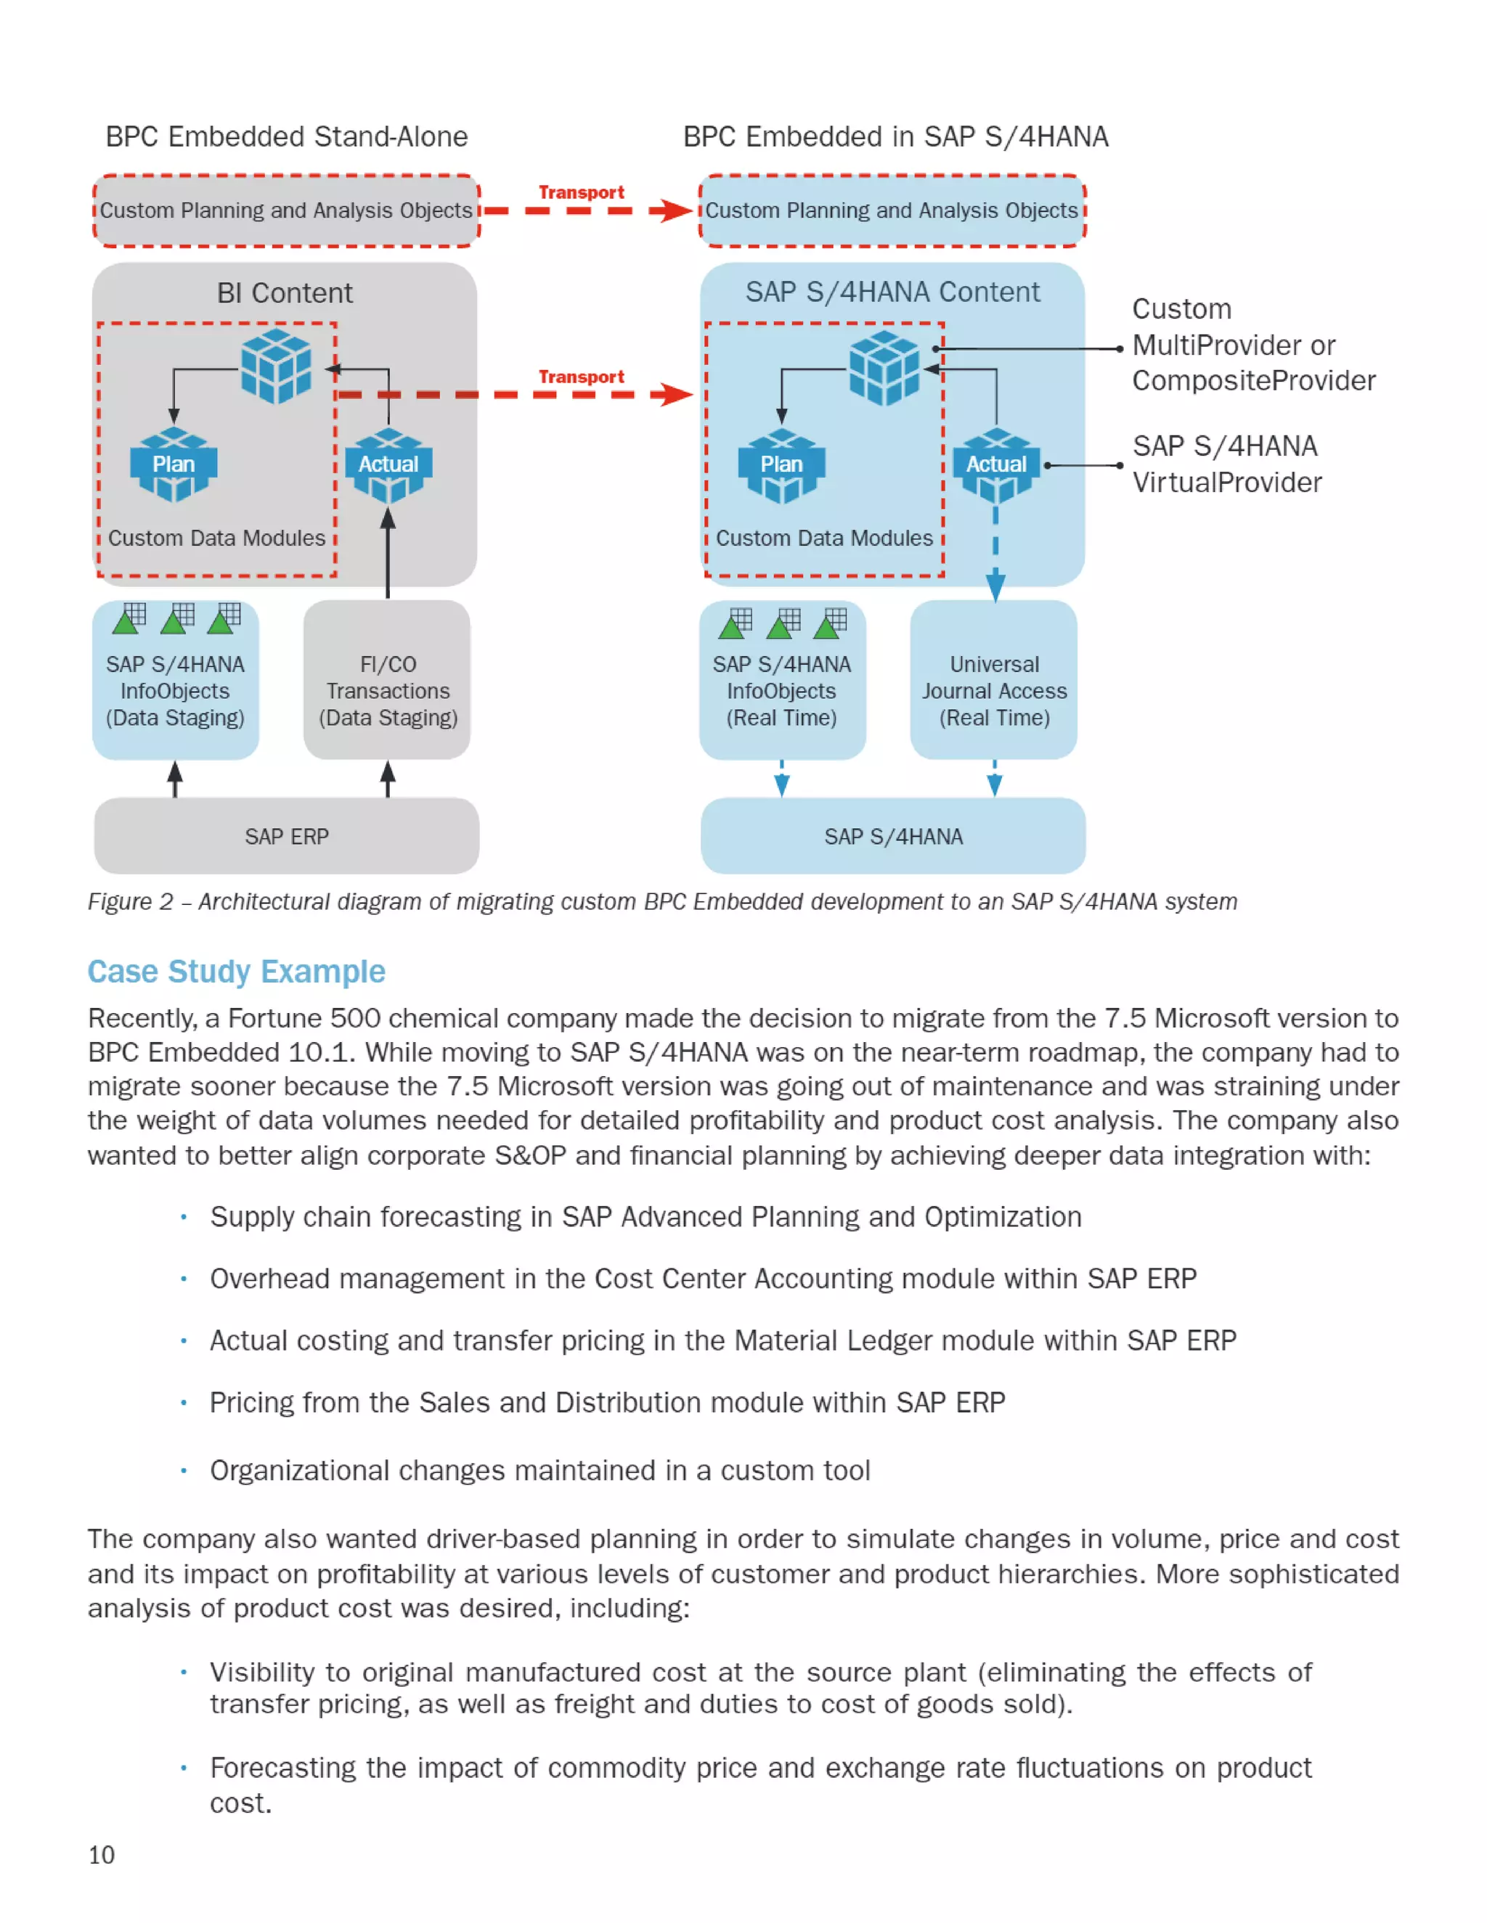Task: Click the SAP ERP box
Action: (286, 835)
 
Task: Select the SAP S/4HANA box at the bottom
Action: (892, 835)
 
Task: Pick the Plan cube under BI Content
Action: (174, 464)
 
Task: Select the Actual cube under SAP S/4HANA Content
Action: (996, 464)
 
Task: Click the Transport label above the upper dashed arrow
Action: (582, 192)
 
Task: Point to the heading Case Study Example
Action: (236, 971)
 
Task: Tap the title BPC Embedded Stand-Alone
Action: (286, 136)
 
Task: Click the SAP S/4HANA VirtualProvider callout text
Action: (1226, 464)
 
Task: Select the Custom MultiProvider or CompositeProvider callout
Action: (1251, 344)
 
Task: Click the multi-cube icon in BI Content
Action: (276, 366)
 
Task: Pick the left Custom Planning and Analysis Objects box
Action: (286, 210)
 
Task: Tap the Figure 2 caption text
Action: (661, 901)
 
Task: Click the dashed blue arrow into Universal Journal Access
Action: (995, 554)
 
